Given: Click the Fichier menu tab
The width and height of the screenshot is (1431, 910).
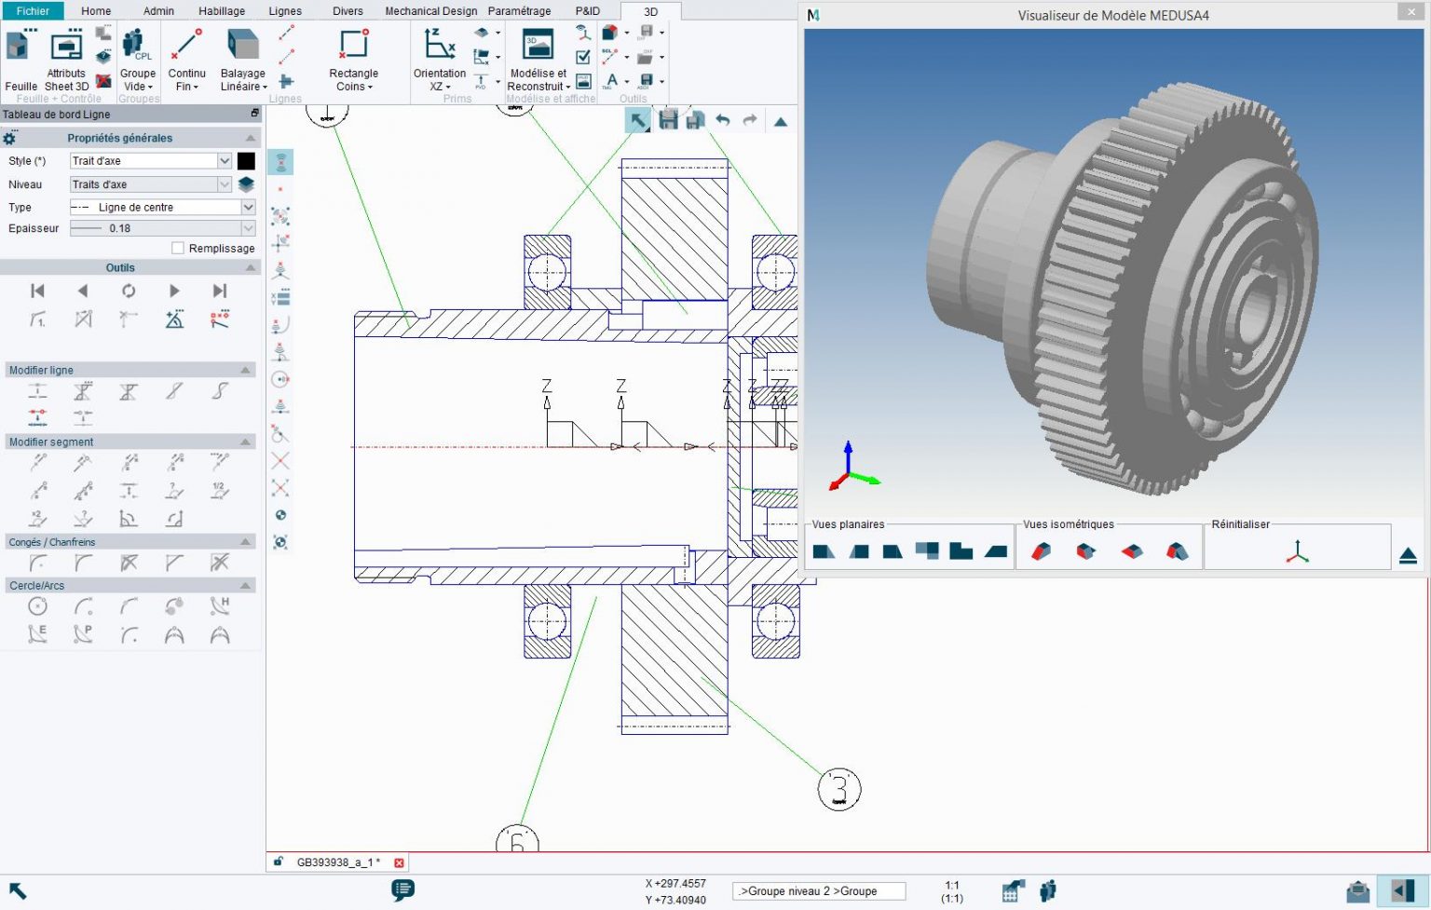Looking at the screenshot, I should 33,11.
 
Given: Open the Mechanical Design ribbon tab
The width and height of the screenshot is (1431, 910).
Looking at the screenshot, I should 430,11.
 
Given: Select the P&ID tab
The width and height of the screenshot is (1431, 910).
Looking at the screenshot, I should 587,11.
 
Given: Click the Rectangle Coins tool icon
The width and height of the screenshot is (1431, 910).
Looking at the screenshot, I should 354,46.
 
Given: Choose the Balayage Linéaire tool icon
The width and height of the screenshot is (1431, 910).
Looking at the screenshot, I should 242,46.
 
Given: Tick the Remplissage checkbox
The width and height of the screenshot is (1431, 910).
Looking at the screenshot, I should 178,249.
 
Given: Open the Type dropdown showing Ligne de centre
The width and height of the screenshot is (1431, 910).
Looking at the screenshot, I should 162,208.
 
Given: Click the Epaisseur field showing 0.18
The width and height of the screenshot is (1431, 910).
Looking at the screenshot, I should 162,228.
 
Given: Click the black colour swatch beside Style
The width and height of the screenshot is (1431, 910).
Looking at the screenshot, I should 246,161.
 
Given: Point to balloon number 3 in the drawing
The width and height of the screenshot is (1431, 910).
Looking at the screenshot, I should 838,789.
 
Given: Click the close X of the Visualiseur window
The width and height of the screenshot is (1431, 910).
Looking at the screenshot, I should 1410,12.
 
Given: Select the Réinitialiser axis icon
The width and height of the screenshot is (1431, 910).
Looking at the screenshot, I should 1297,552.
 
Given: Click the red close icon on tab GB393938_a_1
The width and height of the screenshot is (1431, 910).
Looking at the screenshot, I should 399,862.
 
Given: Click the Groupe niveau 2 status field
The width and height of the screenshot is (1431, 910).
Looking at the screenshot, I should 818,891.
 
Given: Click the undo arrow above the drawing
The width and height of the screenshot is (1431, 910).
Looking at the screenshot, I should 722,120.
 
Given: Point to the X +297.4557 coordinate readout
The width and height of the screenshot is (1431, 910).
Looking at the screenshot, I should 675,883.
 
